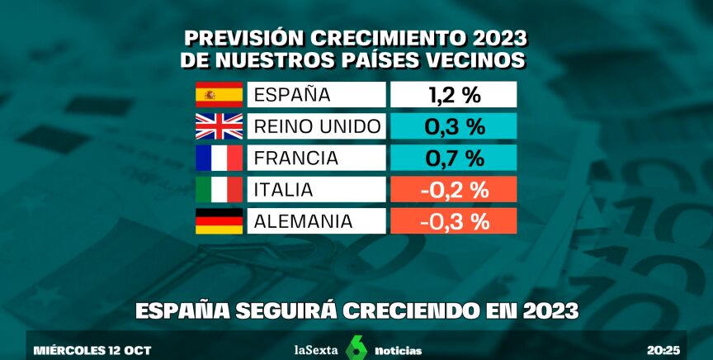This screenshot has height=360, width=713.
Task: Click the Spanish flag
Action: tap(220, 95)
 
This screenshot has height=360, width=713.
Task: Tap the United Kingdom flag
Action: tap(220, 126)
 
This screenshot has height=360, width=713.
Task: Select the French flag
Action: tap(220, 158)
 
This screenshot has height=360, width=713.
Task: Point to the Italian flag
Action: tap(220, 189)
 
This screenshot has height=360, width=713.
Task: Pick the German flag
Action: tap(220, 221)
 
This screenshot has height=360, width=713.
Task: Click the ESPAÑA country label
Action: tap(291, 95)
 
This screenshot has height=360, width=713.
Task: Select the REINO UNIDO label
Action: tap(317, 126)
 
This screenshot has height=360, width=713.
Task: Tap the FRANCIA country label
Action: tap(296, 158)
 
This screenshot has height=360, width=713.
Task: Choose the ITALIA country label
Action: tap(283, 190)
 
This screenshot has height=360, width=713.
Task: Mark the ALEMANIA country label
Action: tap(304, 221)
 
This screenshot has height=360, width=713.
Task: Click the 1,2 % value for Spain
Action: tap(453, 95)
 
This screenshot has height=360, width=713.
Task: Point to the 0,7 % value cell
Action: tap(453, 158)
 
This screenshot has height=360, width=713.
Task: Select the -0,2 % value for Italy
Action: tap(453, 189)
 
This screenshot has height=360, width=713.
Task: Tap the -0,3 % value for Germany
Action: tap(453, 221)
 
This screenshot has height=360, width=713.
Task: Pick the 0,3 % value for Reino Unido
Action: tap(453, 126)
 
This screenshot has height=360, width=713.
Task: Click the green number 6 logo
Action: tap(356, 349)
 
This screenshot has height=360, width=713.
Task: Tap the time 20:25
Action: tap(663, 350)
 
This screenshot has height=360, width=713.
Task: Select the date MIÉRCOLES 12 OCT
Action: tap(92, 350)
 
